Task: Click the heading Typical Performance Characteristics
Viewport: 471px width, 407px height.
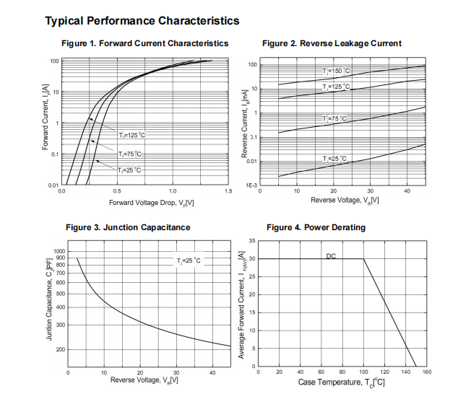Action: pyautogui.click(x=142, y=21)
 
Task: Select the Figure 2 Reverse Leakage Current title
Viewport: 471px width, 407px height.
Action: pyautogui.click(x=332, y=43)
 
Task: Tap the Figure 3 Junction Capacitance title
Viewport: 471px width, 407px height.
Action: pyautogui.click(x=128, y=227)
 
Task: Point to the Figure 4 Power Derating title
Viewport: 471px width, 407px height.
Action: pyautogui.click(x=316, y=227)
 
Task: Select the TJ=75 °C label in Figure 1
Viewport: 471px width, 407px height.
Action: pyautogui.click(x=130, y=154)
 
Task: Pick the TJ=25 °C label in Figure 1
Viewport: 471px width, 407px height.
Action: pyautogui.click(x=129, y=170)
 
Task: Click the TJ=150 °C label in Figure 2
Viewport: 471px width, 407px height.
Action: pyautogui.click(x=336, y=71)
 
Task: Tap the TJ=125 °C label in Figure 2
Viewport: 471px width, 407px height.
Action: pyautogui.click(x=336, y=87)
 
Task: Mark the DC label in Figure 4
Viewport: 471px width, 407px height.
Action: pyautogui.click(x=331, y=255)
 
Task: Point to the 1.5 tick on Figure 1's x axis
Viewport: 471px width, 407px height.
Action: pyautogui.click(x=228, y=192)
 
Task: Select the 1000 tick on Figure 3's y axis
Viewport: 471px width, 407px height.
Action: pyautogui.click(x=59, y=251)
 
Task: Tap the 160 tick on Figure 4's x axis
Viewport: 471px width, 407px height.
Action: pyautogui.click(x=426, y=372)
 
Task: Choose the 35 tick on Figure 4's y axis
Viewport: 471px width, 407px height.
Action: pyautogui.click(x=252, y=240)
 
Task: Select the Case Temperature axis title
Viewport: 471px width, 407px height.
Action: pyautogui.click(x=342, y=382)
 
